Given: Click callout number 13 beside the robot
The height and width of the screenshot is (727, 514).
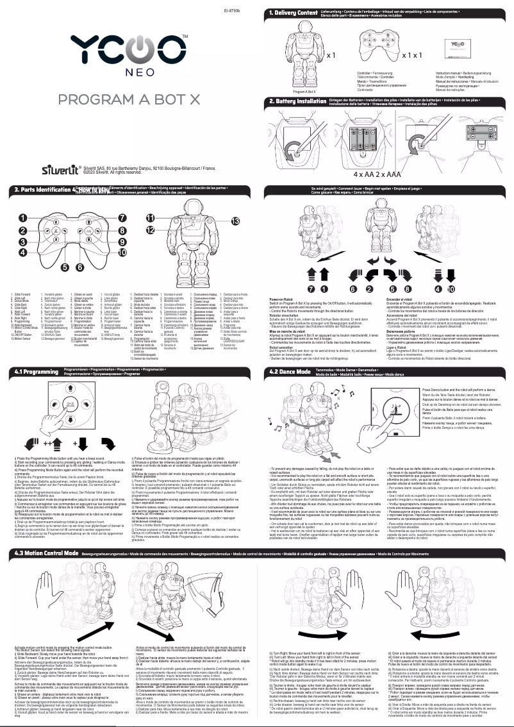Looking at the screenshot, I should coord(235,221).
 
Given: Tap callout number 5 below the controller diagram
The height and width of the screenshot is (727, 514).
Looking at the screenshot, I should coord(65,266).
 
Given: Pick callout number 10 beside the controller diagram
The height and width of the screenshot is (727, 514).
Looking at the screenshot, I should coord(122,253).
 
